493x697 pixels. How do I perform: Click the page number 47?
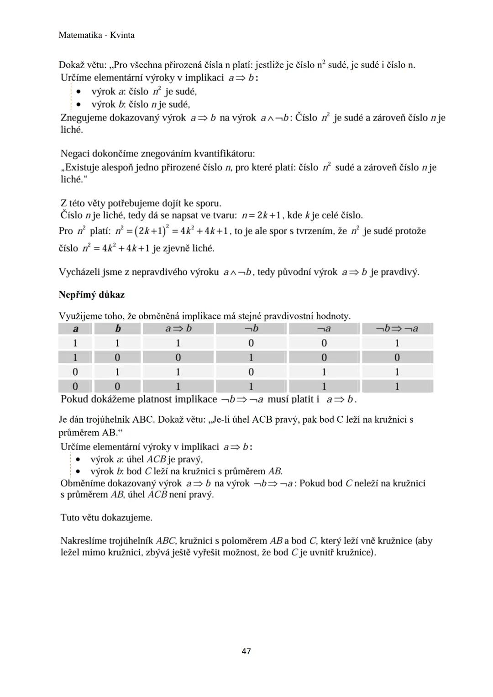click(246, 651)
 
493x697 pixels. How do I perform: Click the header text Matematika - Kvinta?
click(97, 35)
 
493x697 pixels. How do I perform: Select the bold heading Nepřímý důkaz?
click(92, 295)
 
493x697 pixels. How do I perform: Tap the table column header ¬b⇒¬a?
click(397, 329)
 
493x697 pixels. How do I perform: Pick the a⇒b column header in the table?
click(178, 329)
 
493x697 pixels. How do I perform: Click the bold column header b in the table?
click(118, 329)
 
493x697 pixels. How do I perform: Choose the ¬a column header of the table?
click(324, 329)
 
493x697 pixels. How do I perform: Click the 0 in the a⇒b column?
click(178, 357)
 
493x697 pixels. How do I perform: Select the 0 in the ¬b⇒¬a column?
click(397, 357)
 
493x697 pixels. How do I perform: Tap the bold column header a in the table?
click(75, 329)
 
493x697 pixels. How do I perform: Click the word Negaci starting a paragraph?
click(75, 153)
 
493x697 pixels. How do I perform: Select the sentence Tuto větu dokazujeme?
click(106, 518)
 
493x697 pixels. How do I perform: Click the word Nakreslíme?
click(84, 541)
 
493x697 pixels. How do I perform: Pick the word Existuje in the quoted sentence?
click(82, 168)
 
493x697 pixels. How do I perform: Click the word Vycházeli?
click(79, 272)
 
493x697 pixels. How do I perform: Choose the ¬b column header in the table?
click(251, 329)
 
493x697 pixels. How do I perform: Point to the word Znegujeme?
click(84, 118)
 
